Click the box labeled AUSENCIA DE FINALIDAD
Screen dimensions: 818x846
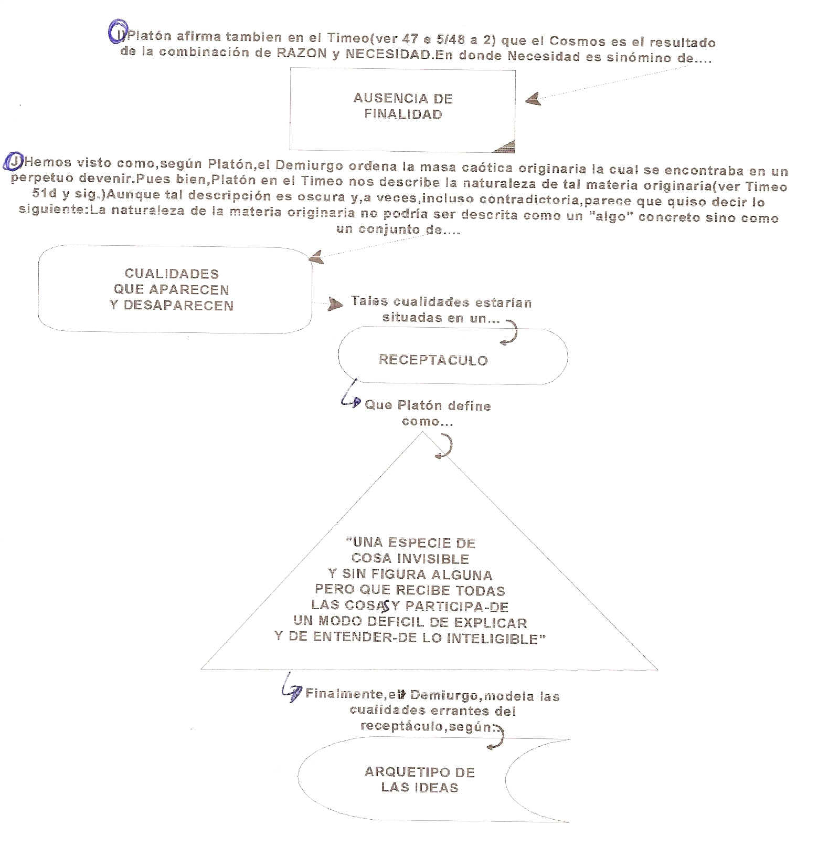click(x=402, y=111)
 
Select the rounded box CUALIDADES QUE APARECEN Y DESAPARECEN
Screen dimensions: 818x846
click(x=175, y=289)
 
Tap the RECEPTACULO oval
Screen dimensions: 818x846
click(x=452, y=357)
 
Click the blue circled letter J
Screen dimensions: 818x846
click(x=12, y=163)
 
